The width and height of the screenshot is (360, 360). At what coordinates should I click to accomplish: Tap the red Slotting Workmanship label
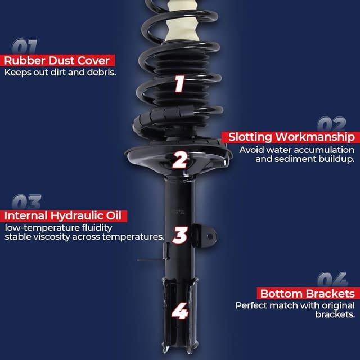[290, 137]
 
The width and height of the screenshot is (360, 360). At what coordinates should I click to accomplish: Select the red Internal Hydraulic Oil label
[65, 216]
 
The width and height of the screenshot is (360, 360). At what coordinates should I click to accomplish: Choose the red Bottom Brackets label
[307, 294]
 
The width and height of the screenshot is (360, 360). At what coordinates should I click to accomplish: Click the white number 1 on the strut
[179, 84]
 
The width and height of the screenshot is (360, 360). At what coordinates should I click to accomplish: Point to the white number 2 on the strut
[179, 160]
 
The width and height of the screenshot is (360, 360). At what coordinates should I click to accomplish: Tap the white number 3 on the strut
[179, 235]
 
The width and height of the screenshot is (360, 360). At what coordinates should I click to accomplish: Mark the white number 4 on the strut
[179, 311]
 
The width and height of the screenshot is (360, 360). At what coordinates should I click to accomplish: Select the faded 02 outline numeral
[331, 124]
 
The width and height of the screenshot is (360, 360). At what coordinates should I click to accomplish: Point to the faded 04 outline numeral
[332, 280]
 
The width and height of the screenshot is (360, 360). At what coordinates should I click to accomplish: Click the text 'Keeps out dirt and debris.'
[60, 73]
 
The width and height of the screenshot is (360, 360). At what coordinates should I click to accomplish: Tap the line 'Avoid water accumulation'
[296, 150]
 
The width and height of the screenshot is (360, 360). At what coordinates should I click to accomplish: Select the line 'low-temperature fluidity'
[58, 228]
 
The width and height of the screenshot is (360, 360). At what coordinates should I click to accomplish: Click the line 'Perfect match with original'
[295, 305]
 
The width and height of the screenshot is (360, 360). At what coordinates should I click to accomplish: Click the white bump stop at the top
[181, 22]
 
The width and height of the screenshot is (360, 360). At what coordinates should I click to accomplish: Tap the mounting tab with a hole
[208, 235]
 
